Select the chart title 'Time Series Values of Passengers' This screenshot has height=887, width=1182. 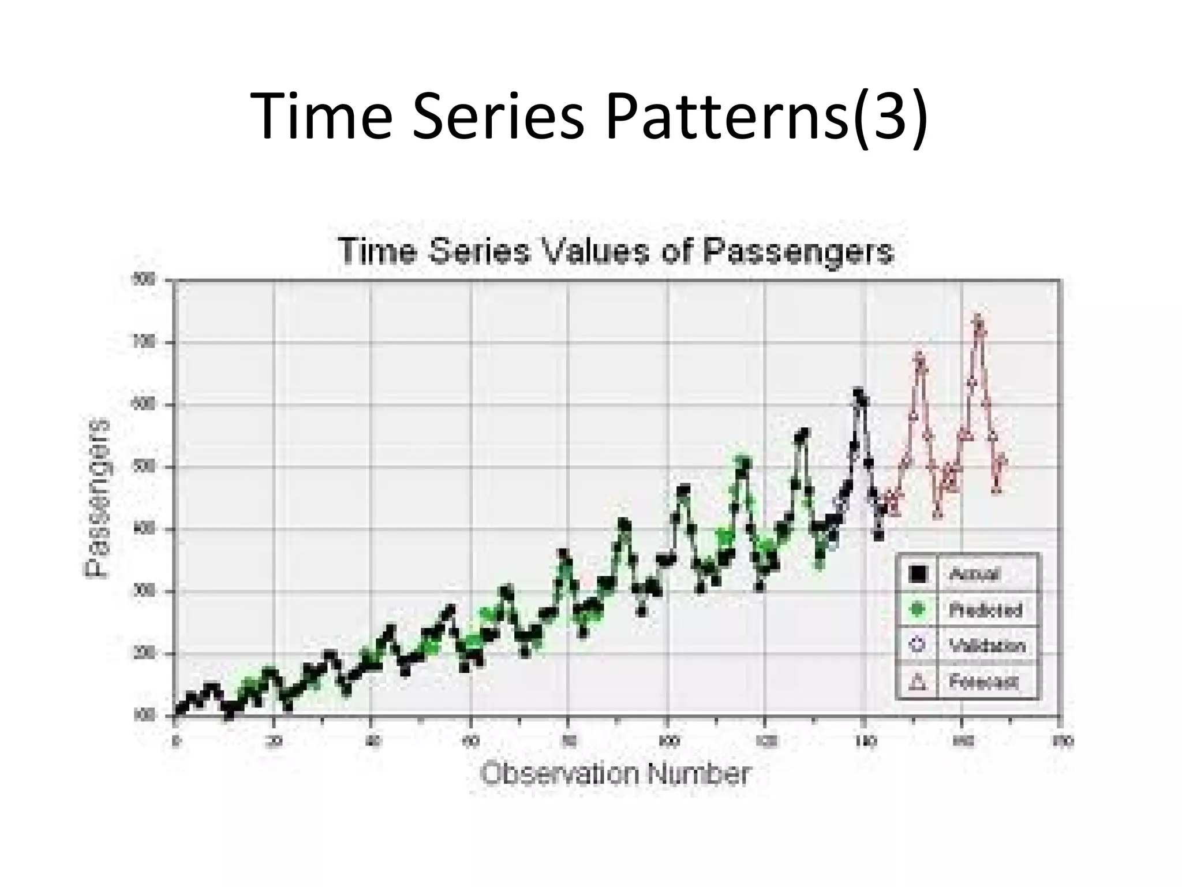click(x=615, y=252)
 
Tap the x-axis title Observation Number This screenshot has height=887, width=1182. click(x=615, y=774)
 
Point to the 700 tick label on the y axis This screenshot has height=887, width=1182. click(x=148, y=342)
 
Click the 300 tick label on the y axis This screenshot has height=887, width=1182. click(x=148, y=592)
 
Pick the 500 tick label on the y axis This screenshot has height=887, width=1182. click(x=148, y=467)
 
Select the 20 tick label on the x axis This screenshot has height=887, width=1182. click(x=275, y=741)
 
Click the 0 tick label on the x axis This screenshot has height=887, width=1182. click(x=175, y=741)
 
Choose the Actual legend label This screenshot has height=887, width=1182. click(x=974, y=574)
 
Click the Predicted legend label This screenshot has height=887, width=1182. click(x=985, y=610)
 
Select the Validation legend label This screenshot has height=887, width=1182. click(x=988, y=646)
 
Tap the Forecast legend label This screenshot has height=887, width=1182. click(x=983, y=682)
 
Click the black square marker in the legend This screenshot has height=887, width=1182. click(x=918, y=574)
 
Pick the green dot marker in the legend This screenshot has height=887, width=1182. click(x=918, y=610)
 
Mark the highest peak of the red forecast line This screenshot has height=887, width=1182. click(x=978, y=319)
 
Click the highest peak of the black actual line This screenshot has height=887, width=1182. click(x=858, y=393)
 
